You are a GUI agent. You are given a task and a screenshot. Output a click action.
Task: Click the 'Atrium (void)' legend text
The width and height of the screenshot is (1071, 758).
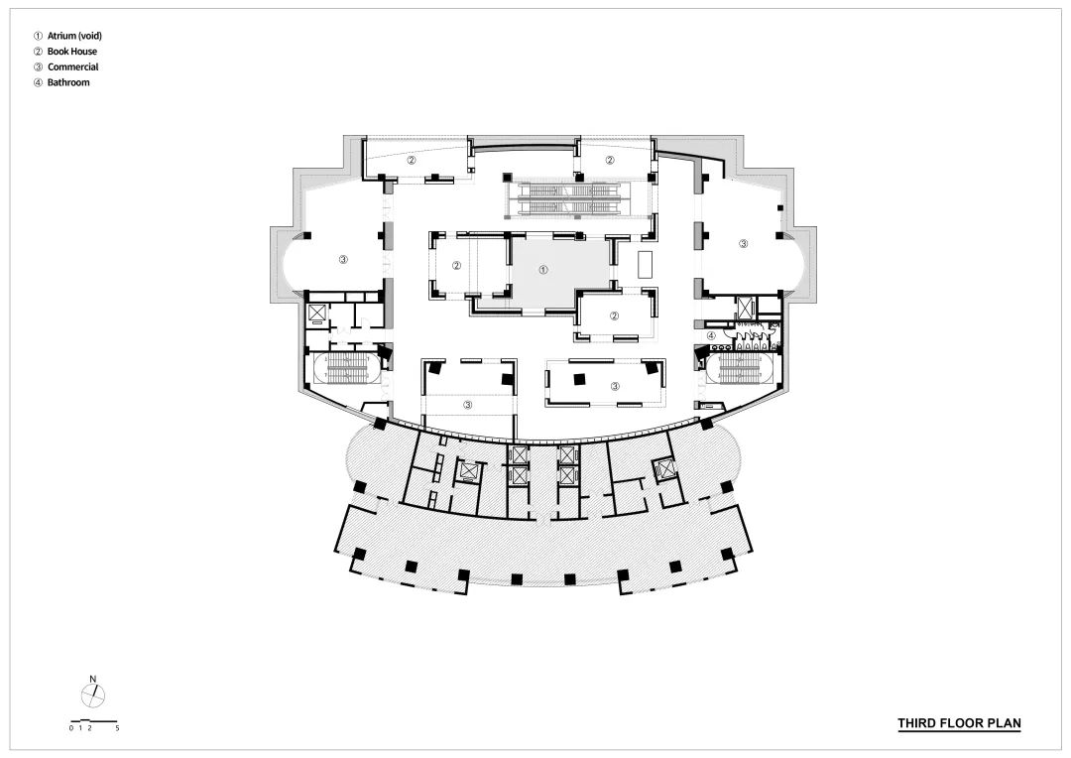74,36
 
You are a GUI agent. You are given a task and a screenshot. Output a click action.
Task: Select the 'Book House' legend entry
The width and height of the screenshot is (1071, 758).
71,52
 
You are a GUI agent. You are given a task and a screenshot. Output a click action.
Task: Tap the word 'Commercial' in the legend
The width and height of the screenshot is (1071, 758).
72,67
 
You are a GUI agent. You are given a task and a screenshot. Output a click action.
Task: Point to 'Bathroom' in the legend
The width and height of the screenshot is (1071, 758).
68,82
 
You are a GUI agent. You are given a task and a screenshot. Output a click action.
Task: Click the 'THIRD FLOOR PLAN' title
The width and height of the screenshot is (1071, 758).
959,723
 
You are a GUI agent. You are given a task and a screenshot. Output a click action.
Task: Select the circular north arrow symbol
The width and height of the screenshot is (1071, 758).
93,696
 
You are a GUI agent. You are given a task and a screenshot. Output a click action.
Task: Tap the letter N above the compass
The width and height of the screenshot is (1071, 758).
93,679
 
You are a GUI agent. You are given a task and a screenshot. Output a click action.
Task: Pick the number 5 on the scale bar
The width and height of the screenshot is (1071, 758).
117,728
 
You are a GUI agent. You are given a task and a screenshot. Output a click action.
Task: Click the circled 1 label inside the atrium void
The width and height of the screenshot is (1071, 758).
543,270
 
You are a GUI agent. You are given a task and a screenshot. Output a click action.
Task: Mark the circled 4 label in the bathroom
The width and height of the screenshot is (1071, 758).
711,335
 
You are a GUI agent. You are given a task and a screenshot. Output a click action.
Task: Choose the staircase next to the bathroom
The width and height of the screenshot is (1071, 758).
740,369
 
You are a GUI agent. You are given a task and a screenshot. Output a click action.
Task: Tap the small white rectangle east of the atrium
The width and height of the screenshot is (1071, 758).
646,264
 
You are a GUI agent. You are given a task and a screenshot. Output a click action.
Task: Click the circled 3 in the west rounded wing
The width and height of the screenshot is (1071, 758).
343,260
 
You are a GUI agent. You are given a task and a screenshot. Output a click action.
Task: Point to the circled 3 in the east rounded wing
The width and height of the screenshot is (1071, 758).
744,243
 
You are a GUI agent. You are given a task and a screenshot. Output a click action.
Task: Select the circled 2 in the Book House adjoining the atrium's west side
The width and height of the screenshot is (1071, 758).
456,266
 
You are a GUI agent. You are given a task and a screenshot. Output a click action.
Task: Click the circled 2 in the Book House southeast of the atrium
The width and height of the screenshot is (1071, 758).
614,316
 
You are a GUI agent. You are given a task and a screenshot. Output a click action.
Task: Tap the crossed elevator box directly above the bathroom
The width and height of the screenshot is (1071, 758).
743,307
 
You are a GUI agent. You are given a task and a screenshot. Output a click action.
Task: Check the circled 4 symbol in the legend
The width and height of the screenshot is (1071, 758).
39,82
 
